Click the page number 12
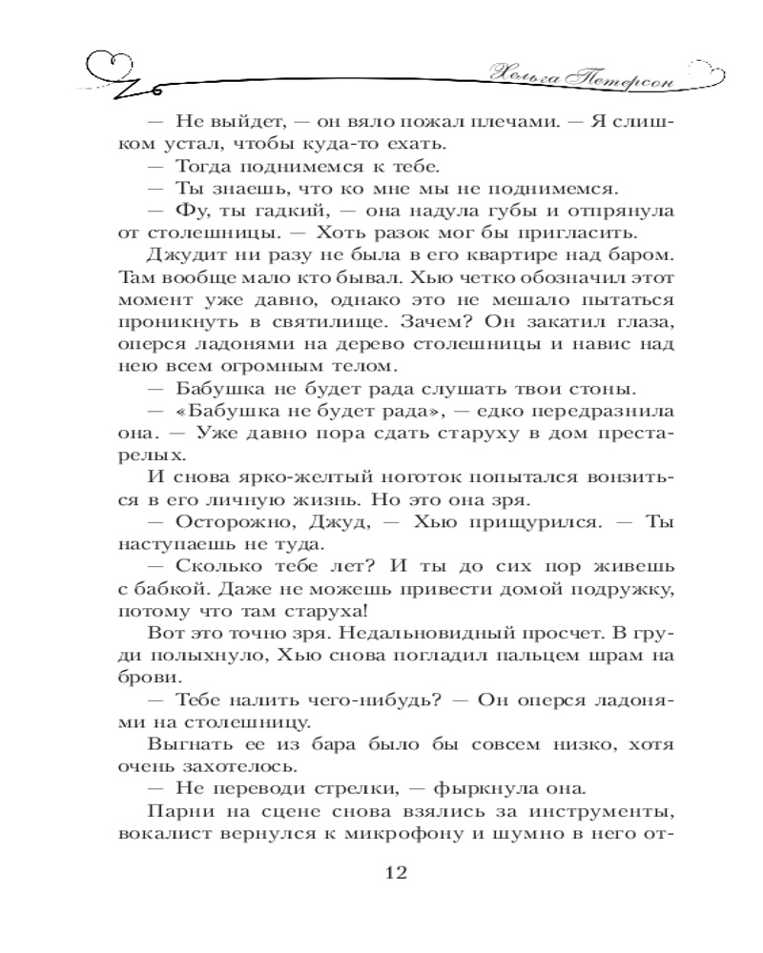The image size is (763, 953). [x=395, y=872]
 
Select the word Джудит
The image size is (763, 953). [x=187, y=255]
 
